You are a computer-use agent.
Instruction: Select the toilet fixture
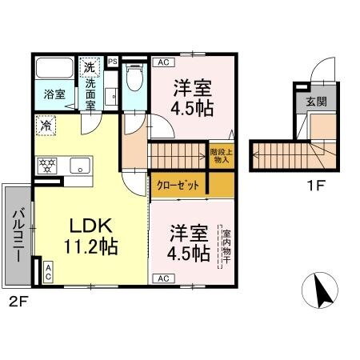click(134, 77)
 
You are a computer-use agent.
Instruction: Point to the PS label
click(112, 61)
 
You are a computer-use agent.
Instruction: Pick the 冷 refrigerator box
click(46, 126)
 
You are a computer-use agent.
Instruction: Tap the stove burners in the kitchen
click(47, 166)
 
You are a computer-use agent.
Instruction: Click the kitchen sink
click(79, 166)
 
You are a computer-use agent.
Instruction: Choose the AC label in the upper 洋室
click(162, 62)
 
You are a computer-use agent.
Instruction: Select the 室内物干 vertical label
click(227, 243)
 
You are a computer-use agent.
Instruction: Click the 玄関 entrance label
click(315, 102)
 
